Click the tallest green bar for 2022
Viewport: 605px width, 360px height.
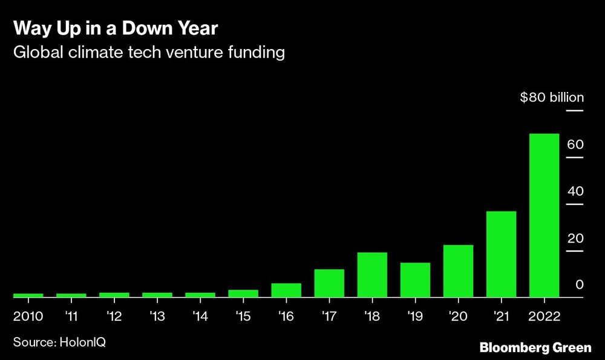[544, 215]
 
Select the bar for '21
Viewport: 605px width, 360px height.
[501, 254]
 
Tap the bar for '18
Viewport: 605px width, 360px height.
[372, 275]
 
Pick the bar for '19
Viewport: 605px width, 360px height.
[415, 280]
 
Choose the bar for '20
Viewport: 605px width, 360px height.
[458, 271]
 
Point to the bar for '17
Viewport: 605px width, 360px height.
[329, 283]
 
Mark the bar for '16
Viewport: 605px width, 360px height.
[286, 290]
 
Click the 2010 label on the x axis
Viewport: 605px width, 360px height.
[28, 316]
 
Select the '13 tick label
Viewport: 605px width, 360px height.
[157, 316]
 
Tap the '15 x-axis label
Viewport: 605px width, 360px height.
[243, 316]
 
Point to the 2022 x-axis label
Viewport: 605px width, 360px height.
[544, 316]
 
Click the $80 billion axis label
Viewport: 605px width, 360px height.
[552, 97]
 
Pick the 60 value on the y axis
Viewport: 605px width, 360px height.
[575, 145]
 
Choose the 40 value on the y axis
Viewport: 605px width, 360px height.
[575, 192]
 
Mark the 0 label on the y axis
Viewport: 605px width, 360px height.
[578, 285]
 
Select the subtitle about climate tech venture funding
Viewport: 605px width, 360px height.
[149, 53]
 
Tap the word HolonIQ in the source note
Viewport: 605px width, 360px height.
[83, 342]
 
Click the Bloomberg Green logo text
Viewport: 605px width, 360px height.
[535, 348]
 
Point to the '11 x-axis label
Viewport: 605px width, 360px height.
[71, 316]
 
